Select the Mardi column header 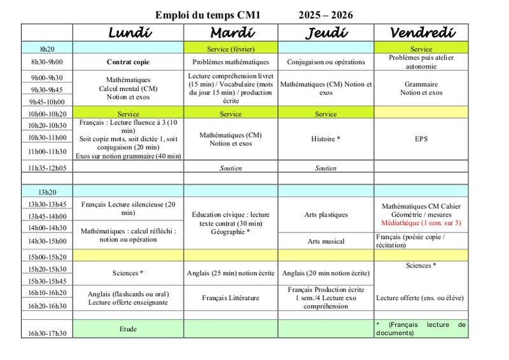[x=231, y=32]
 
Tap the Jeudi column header [x=326, y=32]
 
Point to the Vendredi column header [x=421, y=32]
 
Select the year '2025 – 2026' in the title [x=326, y=15]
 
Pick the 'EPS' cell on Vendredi [x=421, y=138]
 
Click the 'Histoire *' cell [x=326, y=138]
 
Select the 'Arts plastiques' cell [x=326, y=215]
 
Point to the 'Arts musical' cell [x=326, y=241]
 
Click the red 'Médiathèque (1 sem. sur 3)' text [x=421, y=223]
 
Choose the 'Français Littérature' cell [x=231, y=298]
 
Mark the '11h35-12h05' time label [x=47, y=168]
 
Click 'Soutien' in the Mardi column [x=231, y=168]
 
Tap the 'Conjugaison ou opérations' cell [x=326, y=62]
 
